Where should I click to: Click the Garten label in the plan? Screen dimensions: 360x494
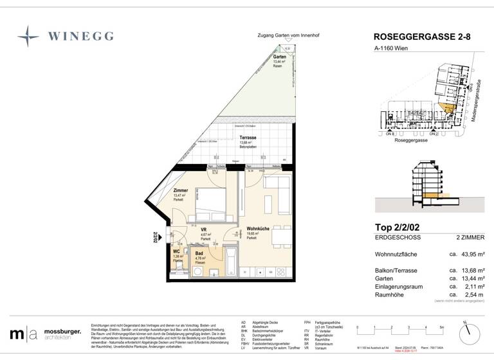point(279,57)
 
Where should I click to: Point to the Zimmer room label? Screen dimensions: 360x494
point(181,191)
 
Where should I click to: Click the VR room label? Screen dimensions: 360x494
point(203,230)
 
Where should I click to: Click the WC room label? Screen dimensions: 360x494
point(176,251)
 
